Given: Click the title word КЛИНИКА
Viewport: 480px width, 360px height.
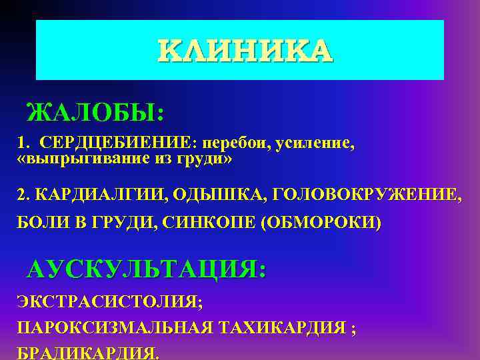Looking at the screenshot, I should pos(244,51).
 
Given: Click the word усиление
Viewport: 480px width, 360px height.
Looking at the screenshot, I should pos(314,143).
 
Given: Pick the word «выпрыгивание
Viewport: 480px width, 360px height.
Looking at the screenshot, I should pos(75,160).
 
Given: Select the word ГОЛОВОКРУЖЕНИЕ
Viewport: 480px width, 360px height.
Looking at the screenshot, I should pos(357,194).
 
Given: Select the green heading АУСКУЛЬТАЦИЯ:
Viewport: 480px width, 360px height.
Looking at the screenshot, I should pos(146,270).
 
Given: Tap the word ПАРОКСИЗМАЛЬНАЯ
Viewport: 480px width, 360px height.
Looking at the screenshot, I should pos(113,328).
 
